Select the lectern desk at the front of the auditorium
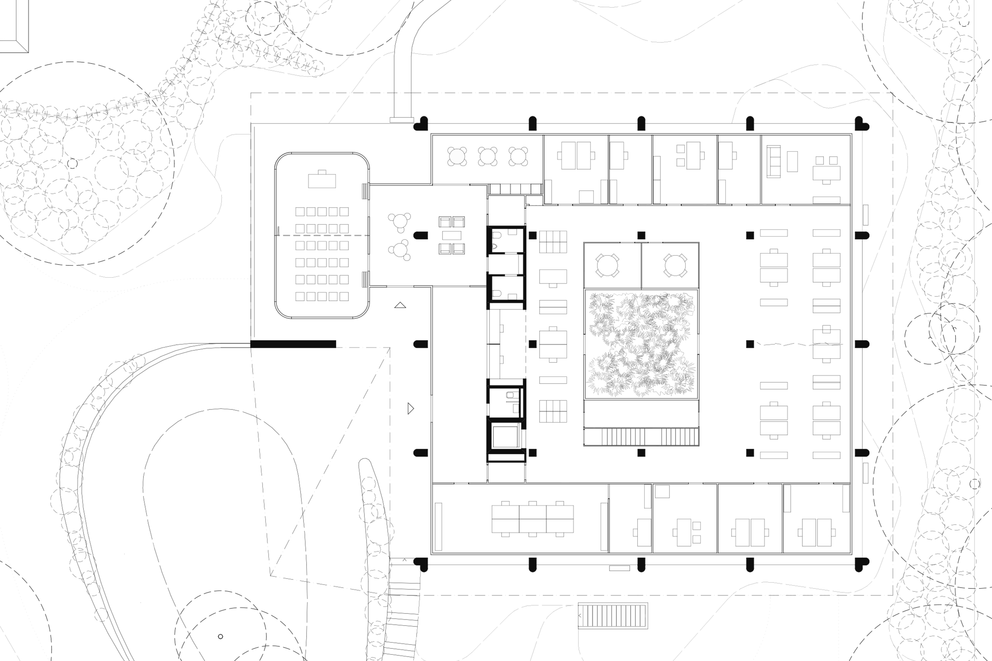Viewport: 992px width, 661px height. coord(322,180)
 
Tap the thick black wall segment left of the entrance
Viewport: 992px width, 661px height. coord(293,344)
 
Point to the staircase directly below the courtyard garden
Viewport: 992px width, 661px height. coord(641,437)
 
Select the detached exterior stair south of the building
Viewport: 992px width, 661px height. coord(612,616)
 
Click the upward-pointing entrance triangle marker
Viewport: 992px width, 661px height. coord(400,305)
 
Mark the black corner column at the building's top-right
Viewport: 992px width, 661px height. coord(861,124)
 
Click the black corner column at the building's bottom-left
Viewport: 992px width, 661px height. coord(422,563)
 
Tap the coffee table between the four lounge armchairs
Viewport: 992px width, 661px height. coord(451,235)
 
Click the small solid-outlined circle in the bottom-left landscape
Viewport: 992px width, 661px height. coord(220,637)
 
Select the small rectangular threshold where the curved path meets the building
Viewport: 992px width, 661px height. coord(402,120)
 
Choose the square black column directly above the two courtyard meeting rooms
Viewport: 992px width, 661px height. coord(641,235)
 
